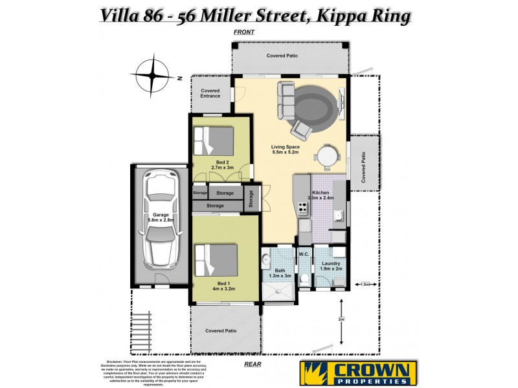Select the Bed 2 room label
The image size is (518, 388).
coord(221,162)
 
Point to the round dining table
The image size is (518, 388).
coord(326,155)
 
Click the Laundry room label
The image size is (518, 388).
coord(331,263)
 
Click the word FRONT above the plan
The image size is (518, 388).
coord(244,32)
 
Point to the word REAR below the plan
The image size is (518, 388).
coord(253,364)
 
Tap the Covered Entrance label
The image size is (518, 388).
coord(210,93)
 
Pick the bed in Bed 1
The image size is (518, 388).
coord(214,259)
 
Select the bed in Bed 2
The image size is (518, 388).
coord(214,140)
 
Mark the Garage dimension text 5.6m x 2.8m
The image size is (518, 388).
coord(160,221)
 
